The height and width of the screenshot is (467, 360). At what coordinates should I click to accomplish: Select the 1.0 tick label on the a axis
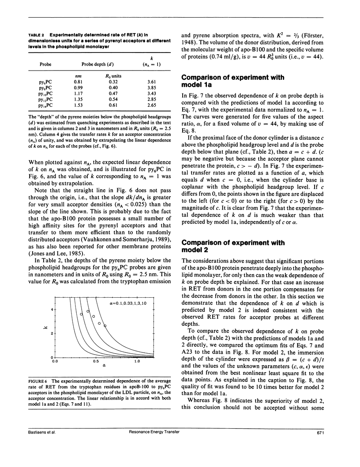[x=137, y=361]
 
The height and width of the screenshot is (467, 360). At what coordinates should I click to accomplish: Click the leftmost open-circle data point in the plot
[x=81, y=314]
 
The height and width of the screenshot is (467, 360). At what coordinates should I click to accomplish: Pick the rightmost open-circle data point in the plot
[x=105, y=325]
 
